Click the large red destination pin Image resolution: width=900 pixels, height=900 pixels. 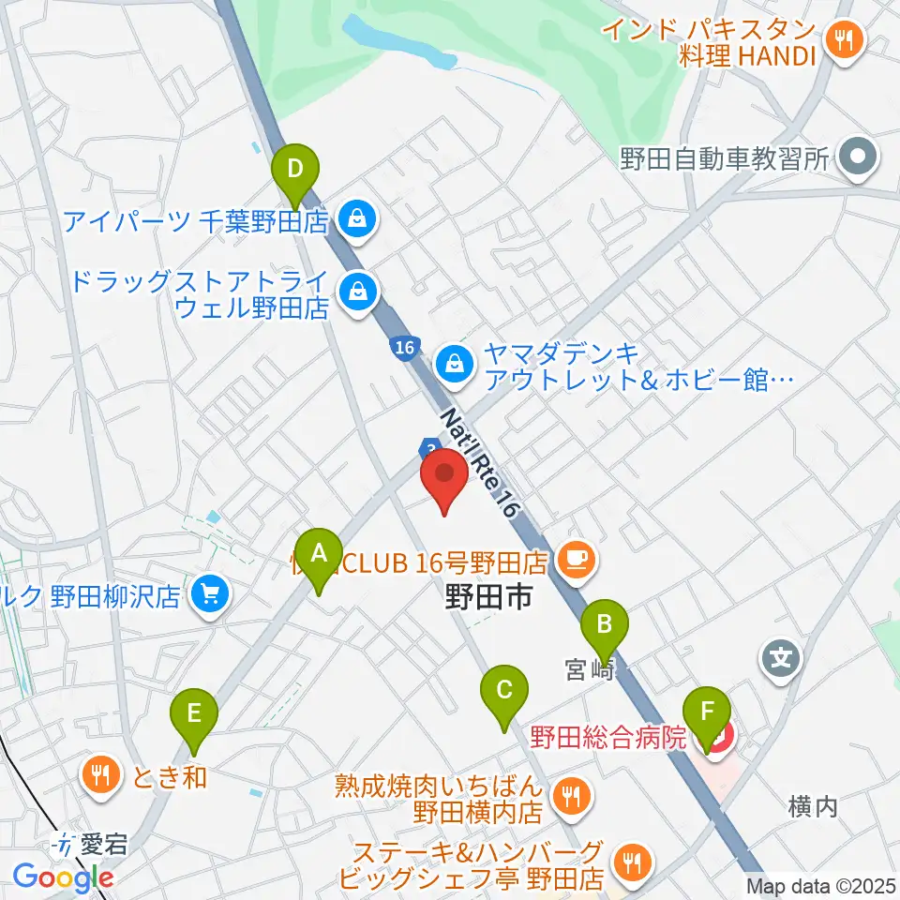coord(444,478)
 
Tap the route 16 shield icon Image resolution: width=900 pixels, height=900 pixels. coord(403,348)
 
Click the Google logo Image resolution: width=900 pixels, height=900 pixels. coord(63,877)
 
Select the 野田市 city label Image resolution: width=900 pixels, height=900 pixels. coord(488,595)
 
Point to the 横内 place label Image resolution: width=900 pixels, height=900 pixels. coord(812,805)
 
